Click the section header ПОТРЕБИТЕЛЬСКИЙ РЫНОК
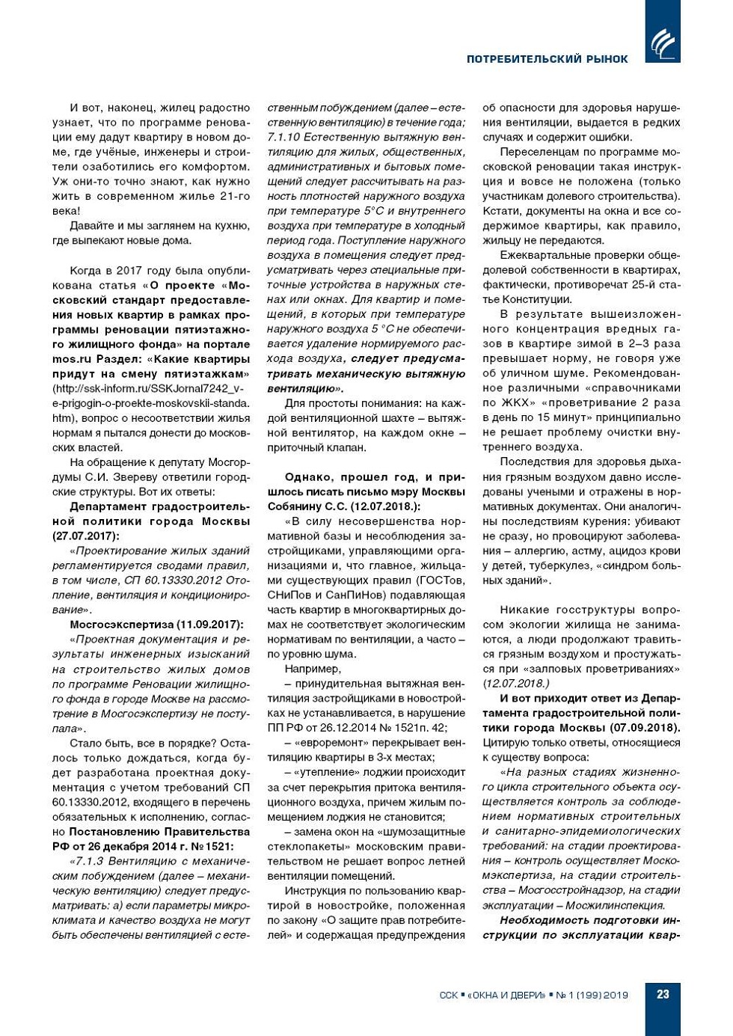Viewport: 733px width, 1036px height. [x=547, y=58]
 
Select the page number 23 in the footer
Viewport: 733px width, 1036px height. [x=663, y=994]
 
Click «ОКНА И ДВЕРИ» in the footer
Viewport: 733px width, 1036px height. [x=506, y=995]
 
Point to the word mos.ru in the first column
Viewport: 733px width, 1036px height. [x=73, y=359]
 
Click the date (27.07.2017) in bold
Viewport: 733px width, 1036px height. [x=86, y=536]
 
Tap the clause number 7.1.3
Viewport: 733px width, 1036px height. [x=93, y=861]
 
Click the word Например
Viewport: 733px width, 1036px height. [x=313, y=669]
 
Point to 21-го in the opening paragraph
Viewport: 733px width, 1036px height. [x=234, y=197]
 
